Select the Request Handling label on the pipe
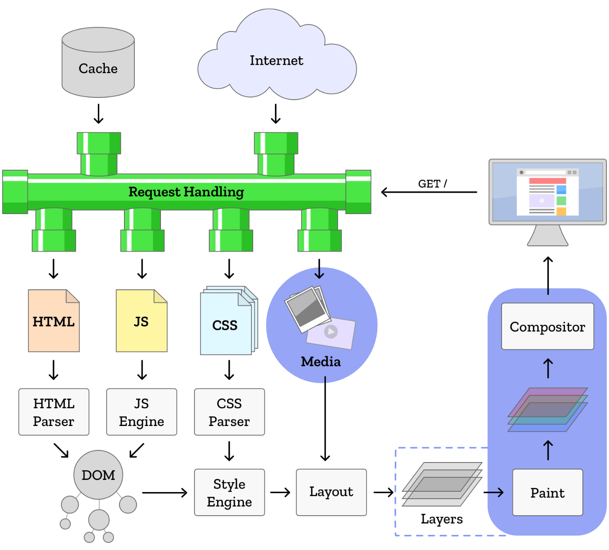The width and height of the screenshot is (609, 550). pos(186,192)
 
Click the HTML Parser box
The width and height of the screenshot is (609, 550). pos(54,412)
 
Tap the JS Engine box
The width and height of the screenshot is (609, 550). pos(142,412)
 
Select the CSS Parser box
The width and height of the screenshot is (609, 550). pos(229,412)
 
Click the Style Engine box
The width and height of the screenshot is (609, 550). pos(229,493)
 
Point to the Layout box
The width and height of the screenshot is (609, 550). pos(331,492)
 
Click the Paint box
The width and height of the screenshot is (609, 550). pos(547,493)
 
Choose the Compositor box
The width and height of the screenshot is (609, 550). pos(547,326)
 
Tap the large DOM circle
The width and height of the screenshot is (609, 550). pos(98,475)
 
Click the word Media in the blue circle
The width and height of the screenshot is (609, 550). pos(321,362)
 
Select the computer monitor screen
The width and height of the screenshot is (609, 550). pos(547,191)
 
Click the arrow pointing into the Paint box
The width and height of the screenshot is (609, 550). pos(495,492)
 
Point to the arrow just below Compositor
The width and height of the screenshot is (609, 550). pos(548,368)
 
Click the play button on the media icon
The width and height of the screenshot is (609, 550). pos(331,332)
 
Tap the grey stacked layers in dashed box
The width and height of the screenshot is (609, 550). pos(442,484)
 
